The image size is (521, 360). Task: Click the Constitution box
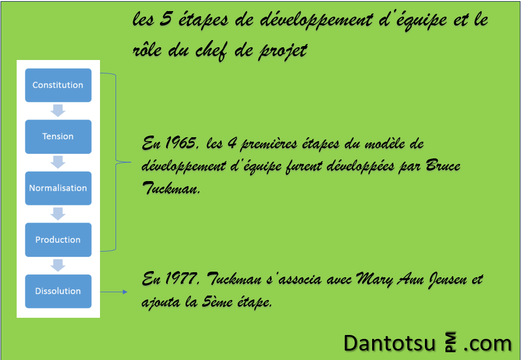(x=58, y=85)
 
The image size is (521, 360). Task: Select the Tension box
(x=58, y=137)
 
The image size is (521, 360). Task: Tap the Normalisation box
(x=58, y=188)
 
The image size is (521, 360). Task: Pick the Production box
(x=58, y=239)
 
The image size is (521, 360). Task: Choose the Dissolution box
(x=58, y=291)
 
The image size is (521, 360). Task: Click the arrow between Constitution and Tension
(x=58, y=111)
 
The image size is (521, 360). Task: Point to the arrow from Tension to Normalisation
(x=58, y=162)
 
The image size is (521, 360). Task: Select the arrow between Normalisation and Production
(x=58, y=214)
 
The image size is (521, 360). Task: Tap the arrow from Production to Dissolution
(x=58, y=265)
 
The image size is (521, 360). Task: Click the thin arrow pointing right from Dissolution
(x=114, y=292)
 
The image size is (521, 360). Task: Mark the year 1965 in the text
(x=182, y=143)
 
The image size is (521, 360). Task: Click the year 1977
(x=182, y=278)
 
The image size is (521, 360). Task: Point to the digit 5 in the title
(x=165, y=19)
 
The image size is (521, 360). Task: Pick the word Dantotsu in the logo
(x=389, y=343)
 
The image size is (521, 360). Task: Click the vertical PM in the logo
(x=450, y=342)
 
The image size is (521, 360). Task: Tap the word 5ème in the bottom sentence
(x=216, y=302)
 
